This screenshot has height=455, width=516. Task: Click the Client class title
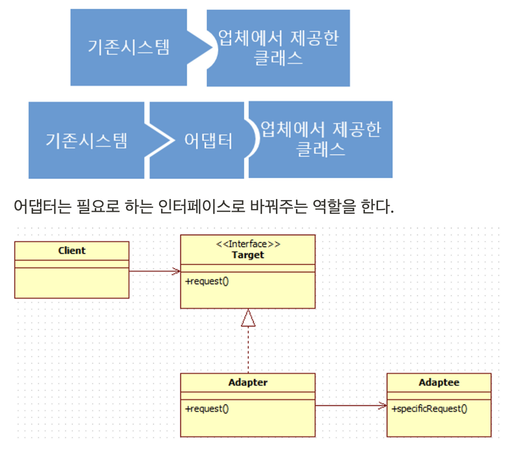point(72,251)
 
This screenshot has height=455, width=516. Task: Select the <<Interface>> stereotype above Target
point(248,244)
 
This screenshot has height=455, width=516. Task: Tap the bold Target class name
point(248,255)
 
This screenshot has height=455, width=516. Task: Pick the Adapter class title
point(248,383)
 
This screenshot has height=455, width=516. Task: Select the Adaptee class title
point(439,383)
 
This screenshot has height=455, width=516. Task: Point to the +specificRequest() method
point(430,408)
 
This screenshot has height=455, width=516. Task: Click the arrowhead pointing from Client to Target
point(176,272)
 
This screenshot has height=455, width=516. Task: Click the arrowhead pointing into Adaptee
point(383,405)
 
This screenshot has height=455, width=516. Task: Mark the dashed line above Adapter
point(248,350)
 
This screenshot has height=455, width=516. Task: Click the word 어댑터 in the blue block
point(208,141)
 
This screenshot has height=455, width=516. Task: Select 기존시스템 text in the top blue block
point(129,48)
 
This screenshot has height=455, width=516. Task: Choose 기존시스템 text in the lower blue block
point(86,141)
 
